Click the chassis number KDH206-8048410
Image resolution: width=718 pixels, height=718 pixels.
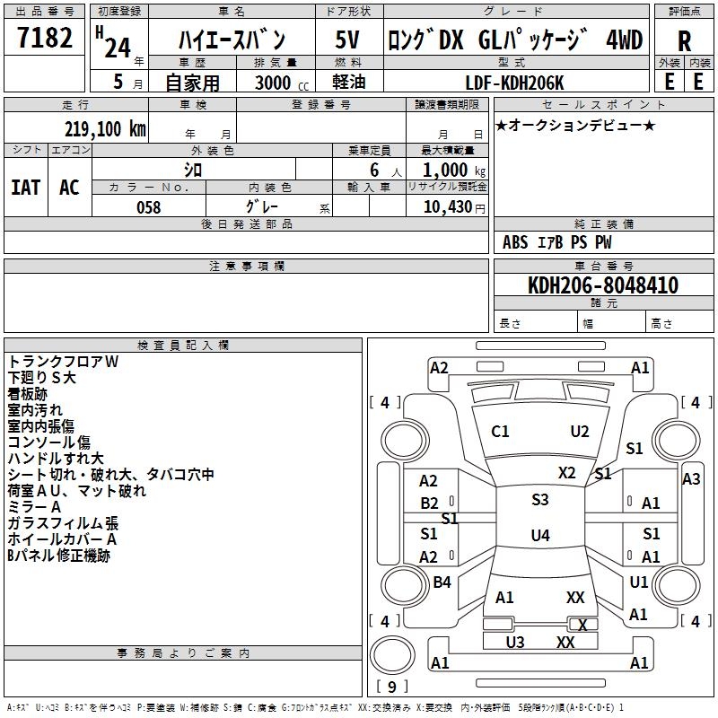pos(603,285)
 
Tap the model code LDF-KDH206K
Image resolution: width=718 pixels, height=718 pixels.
pos(515,83)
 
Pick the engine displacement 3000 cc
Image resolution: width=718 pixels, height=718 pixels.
pos(280,83)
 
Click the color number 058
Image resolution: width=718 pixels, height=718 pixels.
pos(148,207)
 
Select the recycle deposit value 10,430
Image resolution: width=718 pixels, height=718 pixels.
pos(447,207)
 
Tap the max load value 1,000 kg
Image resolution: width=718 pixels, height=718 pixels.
pos(447,170)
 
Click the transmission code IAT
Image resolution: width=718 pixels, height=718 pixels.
pos(25,188)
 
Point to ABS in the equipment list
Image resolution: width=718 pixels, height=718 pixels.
pos(515,241)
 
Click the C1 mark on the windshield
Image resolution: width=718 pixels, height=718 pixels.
pos(500,432)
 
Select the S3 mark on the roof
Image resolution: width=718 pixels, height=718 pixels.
pos(539,500)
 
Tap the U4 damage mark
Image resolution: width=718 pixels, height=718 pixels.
pos(539,536)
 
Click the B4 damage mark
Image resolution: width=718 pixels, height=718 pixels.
pos(442,582)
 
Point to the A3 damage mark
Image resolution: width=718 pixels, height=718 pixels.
pos(691,479)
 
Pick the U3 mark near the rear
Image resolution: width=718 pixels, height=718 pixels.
pos(514,642)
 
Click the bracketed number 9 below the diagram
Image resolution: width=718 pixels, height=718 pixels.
pos(390,687)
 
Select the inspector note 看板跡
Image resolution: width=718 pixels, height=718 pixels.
pos(28,394)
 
